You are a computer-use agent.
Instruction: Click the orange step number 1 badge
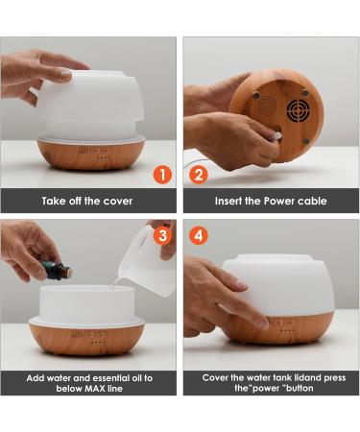(x=162, y=175)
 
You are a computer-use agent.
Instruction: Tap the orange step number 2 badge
(x=199, y=175)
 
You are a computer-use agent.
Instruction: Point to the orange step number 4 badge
(x=199, y=234)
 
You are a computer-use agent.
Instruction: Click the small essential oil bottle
(x=58, y=272)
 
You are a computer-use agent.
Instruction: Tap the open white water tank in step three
(x=86, y=303)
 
